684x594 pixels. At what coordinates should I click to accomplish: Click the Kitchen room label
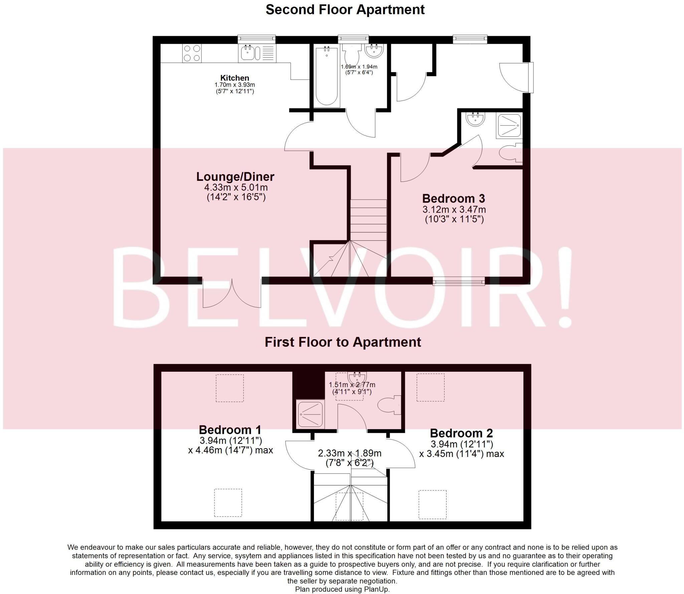click(x=234, y=78)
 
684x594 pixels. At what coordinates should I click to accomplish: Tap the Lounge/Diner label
click(x=235, y=176)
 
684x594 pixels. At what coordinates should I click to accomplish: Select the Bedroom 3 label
click(x=453, y=199)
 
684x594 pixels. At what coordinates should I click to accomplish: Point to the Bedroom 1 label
click(x=230, y=430)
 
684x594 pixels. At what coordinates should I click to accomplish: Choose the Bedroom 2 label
click(x=461, y=433)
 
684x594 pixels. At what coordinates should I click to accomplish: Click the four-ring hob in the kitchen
click(x=192, y=53)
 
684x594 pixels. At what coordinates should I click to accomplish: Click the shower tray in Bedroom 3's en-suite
click(x=509, y=126)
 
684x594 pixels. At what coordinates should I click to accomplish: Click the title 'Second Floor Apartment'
click(x=345, y=10)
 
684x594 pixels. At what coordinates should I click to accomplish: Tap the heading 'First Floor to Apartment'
click(x=343, y=342)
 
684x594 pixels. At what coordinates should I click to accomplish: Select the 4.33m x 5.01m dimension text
click(x=236, y=188)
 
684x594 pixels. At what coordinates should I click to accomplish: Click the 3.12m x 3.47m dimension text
click(x=454, y=210)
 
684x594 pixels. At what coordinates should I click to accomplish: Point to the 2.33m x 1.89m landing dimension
click(x=349, y=453)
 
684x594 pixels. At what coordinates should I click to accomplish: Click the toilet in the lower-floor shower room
click(x=388, y=405)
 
